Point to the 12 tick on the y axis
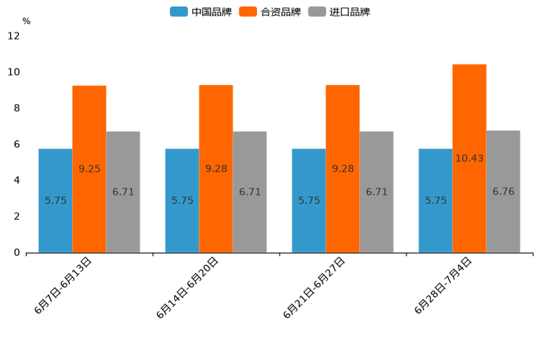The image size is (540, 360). pyautogui.click(x=14, y=36)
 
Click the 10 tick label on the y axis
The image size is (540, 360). pyautogui.click(x=14, y=72)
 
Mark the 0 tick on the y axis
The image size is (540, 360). pyautogui.click(x=17, y=253)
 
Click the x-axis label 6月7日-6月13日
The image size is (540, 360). pyautogui.click(x=62, y=285)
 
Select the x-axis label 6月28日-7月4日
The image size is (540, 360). pyautogui.click(x=443, y=285)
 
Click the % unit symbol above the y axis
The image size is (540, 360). pyautogui.click(x=26, y=21)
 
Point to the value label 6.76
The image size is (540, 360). pyautogui.click(x=503, y=192)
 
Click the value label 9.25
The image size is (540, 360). pyautogui.click(x=89, y=169)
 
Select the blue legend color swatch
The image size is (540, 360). pyautogui.click(x=179, y=12)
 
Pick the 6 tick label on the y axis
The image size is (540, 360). pyautogui.click(x=17, y=144)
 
